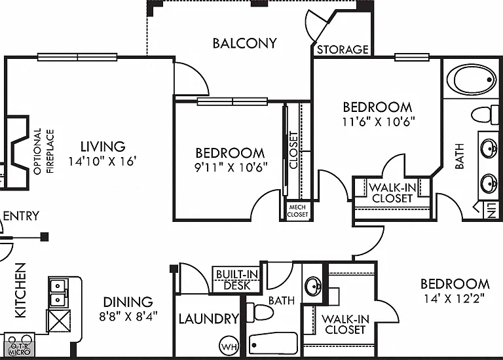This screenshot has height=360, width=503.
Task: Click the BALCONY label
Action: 245,43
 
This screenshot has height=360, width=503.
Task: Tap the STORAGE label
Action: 343,50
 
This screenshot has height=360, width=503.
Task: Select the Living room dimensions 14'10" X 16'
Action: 103,161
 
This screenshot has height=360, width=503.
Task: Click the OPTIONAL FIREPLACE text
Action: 44,151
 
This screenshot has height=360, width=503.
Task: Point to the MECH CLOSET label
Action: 297,211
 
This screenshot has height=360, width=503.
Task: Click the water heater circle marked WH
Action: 229,346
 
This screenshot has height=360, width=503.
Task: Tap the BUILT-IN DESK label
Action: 236,280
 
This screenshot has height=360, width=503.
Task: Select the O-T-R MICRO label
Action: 20,350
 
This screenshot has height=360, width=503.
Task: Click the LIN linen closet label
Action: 491,210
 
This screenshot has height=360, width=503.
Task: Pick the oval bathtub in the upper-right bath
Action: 471,79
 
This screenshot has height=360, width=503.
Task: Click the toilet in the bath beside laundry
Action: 260,313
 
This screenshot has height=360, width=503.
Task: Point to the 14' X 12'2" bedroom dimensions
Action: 455,298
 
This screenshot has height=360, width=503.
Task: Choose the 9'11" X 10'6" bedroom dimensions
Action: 231,167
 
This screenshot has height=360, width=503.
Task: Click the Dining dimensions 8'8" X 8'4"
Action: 128,316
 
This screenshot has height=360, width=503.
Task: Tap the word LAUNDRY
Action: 209,319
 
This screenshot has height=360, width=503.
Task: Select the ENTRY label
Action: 21,216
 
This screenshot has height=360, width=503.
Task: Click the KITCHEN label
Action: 20,291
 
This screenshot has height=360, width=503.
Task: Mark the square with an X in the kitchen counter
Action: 59,321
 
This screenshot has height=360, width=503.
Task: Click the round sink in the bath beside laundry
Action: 313,286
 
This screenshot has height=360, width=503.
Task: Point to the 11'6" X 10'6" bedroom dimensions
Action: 379,122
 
